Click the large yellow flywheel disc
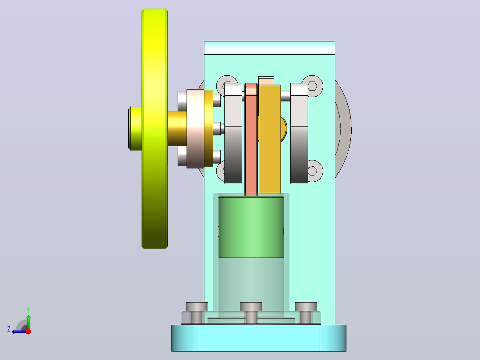click(155, 128)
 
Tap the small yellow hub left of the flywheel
click(135, 128)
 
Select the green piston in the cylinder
click(251, 227)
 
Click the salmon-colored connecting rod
click(251, 139)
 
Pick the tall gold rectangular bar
click(270, 139)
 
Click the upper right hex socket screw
click(312, 86)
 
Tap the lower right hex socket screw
click(313, 171)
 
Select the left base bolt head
click(196, 307)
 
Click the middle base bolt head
click(251, 307)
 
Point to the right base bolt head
click(305, 307)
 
